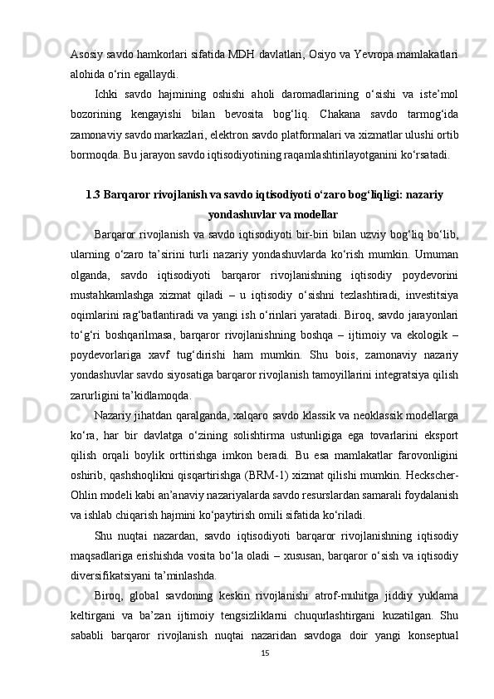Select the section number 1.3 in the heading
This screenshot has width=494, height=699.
click(94, 194)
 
